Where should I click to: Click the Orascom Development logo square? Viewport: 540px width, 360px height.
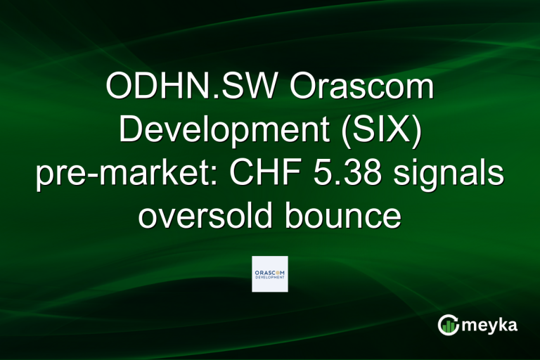(x=270, y=274)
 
